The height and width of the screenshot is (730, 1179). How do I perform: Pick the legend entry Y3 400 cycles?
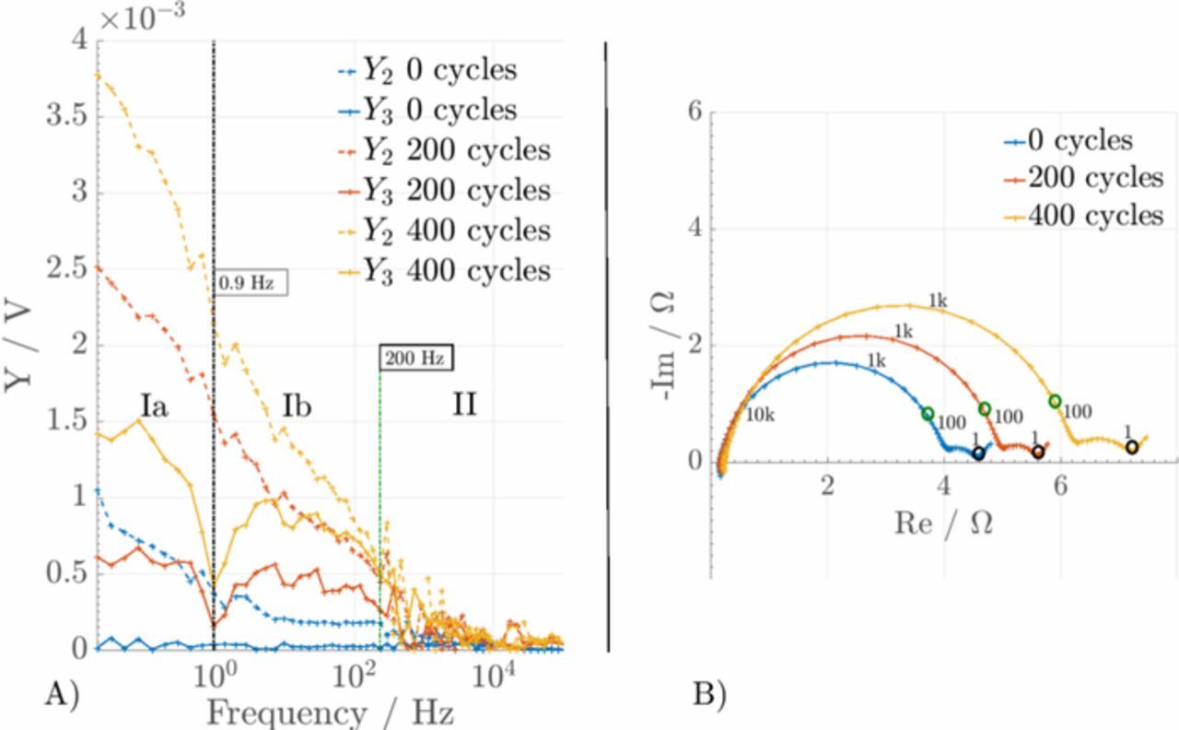point(442,271)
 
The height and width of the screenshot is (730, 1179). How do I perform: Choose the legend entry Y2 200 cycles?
point(442,150)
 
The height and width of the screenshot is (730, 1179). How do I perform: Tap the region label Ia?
point(154,406)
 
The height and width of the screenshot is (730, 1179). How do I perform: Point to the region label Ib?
point(297,406)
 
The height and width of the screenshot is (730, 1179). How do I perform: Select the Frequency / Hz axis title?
point(329,712)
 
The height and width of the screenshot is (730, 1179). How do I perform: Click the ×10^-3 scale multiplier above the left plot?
point(143,18)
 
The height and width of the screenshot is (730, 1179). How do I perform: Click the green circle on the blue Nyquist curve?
point(928,414)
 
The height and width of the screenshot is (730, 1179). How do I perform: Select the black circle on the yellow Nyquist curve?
point(1131,447)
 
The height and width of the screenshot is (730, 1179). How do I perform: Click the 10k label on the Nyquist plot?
point(759,415)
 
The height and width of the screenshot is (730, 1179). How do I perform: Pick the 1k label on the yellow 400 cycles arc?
point(937,300)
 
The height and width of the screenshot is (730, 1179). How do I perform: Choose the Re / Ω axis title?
point(943,523)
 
